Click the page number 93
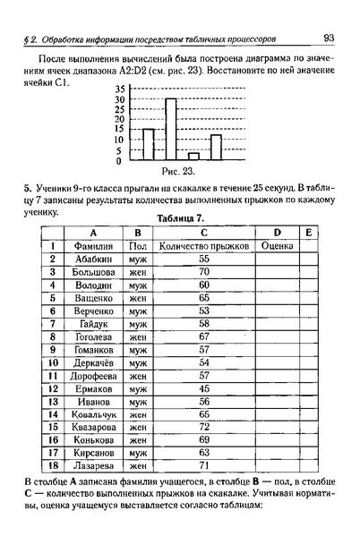tap(329, 38)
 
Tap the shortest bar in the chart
tap(193, 157)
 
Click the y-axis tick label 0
tap(120, 162)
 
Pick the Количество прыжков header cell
tap(203, 245)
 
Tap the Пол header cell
tap(137, 245)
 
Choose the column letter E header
tap(307, 232)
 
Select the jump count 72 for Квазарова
tap(203, 428)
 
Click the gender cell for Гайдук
tap(137, 323)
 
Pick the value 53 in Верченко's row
tap(203, 311)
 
